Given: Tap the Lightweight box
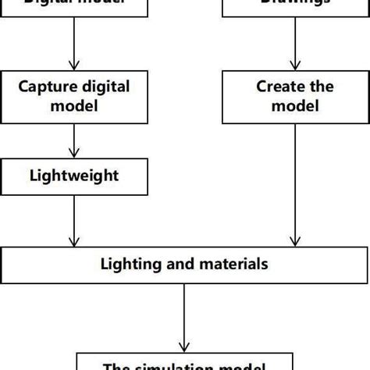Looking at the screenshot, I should click(73, 176).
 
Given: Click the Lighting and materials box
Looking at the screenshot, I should click(184, 264).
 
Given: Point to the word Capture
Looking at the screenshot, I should click(52, 86).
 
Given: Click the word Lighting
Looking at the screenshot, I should click(130, 264).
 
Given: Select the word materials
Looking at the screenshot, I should click(233, 264).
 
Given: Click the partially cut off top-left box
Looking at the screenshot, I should click(73, 6).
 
